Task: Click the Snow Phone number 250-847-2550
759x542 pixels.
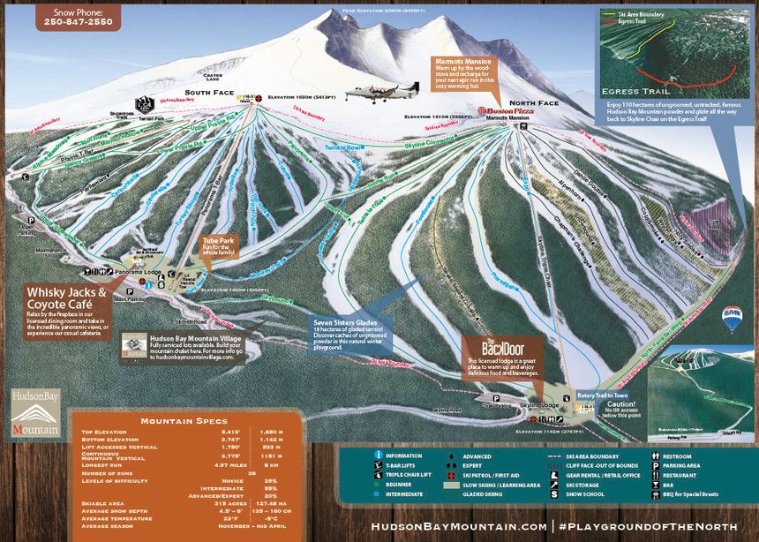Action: [x=79, y=21]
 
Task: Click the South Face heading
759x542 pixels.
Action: [x=210, y=93]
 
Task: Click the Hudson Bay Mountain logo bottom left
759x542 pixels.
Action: [x=36, y=412]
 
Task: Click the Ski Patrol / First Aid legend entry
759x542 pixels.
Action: [x=500, y=475]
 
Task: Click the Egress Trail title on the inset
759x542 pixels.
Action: [x=634, y=91]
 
